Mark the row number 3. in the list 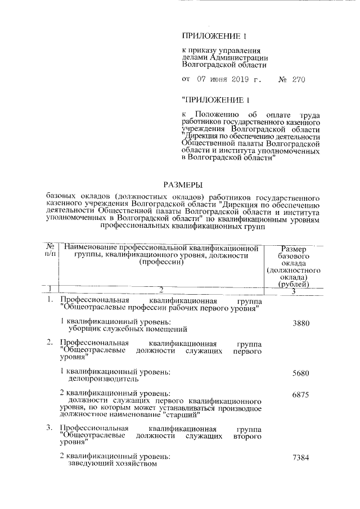pyautogui.click(x=49, y=429)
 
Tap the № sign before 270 pyautogui.click(x=283, y=80)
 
